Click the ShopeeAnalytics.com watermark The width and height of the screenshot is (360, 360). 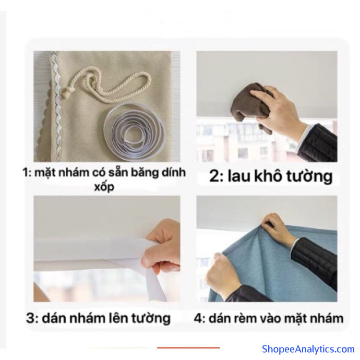coord(308,349)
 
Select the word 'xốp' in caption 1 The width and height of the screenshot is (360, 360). coord(104,187)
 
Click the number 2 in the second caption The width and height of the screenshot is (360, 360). coord(215,176)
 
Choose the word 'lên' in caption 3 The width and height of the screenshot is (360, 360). coord(118,318)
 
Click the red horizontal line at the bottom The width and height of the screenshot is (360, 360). coord(188,348)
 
